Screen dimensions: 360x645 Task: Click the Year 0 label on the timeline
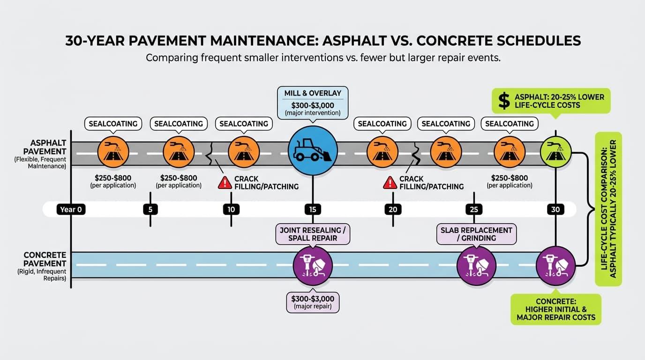(72, 210)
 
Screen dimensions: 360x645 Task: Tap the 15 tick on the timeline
(312, 210)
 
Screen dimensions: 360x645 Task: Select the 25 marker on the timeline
(473, 210)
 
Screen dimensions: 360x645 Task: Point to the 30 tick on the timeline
(555, 210)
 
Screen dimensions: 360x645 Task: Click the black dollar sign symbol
(504, 101)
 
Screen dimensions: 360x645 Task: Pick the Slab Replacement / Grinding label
(476, 234)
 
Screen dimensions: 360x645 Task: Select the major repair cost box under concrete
(313, 302)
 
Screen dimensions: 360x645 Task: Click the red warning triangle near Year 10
(225, 183)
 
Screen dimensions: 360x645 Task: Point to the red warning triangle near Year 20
(390, 183)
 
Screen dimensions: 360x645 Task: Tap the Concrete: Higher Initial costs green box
(556, 308)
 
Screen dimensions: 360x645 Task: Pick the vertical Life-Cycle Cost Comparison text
(608, 209)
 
